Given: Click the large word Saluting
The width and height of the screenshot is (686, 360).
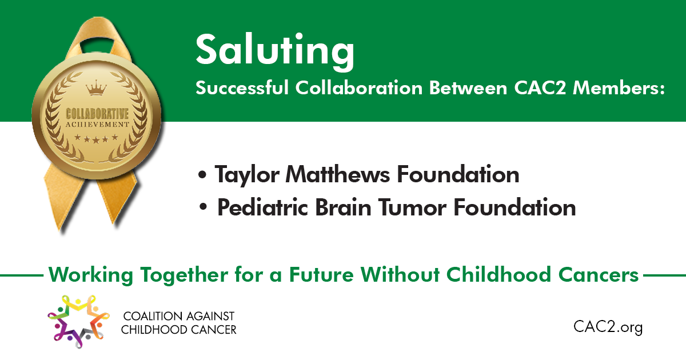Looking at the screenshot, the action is click(x=275, y=51).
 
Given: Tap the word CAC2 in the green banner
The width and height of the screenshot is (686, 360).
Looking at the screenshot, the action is click(x=540, y=88).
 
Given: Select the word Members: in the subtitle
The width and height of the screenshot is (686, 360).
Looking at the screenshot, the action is click(x=619, y=88).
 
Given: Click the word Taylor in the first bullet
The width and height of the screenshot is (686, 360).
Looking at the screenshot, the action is click(x=247, y=174).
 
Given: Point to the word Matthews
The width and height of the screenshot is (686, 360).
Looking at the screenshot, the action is click(x=338, y=174).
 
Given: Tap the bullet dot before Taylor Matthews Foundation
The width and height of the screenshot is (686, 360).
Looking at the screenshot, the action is click(x=202, y=175).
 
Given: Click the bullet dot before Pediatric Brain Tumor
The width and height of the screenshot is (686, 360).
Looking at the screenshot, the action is click(x=204, y=207).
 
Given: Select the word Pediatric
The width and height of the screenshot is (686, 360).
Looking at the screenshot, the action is click(x=262, y=207).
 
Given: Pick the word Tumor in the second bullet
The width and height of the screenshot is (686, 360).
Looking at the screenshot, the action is click(x=412, y=207).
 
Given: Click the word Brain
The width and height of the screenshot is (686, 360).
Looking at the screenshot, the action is click(x=343, y=207).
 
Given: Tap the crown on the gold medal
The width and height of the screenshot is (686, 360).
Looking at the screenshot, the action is click(x=97, y=88).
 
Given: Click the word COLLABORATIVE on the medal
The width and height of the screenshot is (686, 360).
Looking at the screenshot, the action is click(x=97, y=114).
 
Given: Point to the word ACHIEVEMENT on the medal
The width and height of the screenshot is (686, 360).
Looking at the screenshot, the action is click(x=97, y=125).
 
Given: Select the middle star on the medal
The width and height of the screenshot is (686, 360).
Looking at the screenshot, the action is click(x=96, y=140).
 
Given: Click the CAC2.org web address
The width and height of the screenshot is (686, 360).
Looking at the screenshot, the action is click(x=608, y=327).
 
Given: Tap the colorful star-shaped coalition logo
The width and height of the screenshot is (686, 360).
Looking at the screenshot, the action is click(x=78, y=321).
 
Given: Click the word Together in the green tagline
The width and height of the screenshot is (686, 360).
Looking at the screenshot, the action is click(x=184, y=275).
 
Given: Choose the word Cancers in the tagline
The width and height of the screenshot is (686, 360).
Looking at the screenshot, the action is click(x=599, y=274).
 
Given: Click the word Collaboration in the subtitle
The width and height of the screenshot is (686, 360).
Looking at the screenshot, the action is click(x=359, y=88).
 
